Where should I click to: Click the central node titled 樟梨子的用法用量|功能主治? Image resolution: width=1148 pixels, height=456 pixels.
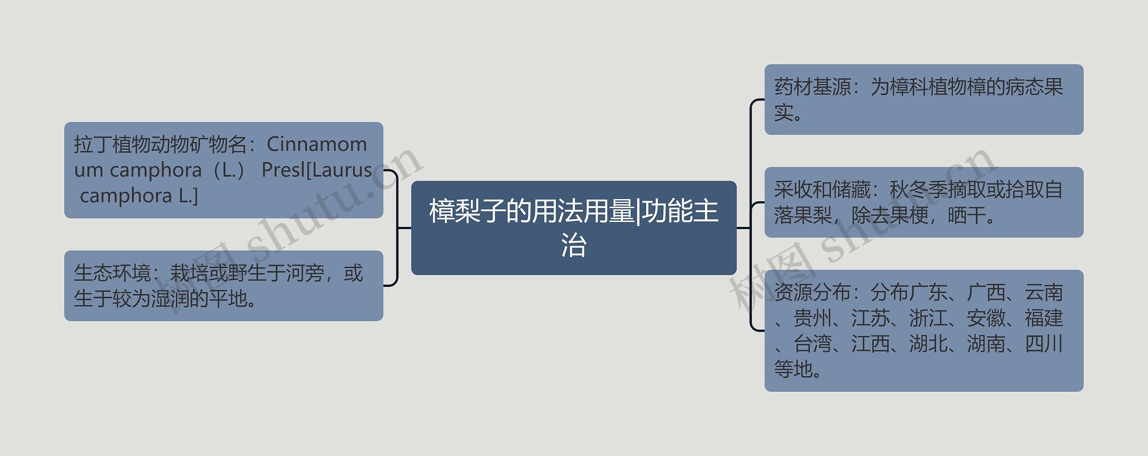[574, 228]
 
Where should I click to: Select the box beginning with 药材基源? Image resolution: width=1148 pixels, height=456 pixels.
[924, 100]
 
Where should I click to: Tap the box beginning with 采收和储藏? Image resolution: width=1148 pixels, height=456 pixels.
[924, 202]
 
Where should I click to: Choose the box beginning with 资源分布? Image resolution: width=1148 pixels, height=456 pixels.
[924, 330]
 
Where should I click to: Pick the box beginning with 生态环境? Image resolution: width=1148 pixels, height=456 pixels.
[223, 286]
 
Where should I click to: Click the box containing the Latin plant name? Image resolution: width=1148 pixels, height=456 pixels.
[223, 170]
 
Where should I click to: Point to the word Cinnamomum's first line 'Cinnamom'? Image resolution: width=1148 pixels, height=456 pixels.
[317, 144]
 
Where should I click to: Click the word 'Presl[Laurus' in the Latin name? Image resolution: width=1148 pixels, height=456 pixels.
[317, 170]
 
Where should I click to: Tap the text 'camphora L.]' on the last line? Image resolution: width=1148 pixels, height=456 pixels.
[139, 195]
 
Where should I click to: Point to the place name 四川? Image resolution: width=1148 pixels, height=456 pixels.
[1044, 344]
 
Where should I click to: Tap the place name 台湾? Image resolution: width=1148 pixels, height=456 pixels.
[813, 344]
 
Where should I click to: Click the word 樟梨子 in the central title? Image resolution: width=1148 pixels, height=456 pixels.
[467, 211]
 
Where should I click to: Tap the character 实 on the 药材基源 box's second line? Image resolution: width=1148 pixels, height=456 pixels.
[784, 113]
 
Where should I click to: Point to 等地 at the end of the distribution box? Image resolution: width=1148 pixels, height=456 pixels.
[793, 369]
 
